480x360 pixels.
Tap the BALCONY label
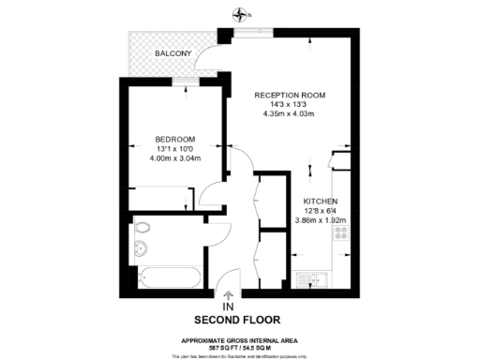coord(173,53)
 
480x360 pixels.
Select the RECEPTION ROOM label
coord(290,95)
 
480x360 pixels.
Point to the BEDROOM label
coord(175,139)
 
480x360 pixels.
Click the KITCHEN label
coord(321,202)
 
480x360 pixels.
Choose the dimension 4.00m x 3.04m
coord(175,158)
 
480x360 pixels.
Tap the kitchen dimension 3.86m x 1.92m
coord(321,221)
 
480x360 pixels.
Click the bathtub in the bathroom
coord(169,278)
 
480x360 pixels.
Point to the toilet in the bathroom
coord(143,228)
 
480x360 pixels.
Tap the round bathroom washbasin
coord(141,248)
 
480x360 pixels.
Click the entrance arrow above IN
coord(228,294)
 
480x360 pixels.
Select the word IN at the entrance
coord(228,307)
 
